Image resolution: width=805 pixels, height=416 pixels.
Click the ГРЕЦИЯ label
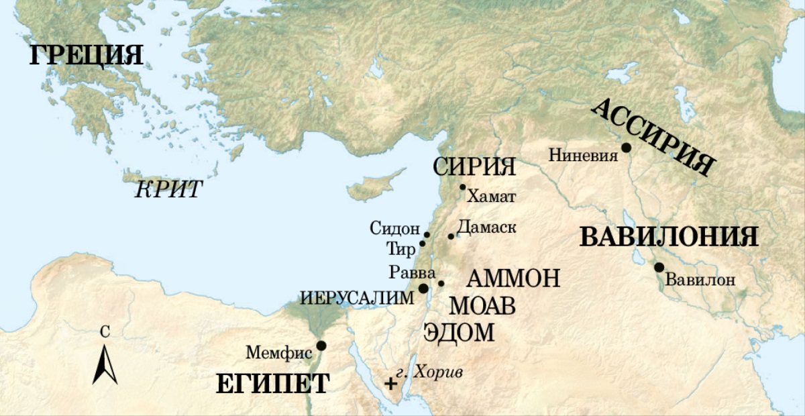pos(87,55)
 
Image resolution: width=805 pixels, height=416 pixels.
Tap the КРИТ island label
pos(168,190)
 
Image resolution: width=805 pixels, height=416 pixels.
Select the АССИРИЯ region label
pos(653,137)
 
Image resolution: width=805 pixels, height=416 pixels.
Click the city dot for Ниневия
pos(626,148)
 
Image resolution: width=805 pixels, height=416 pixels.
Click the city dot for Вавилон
pos(659,267)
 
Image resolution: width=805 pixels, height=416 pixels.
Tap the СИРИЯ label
pos(474,167)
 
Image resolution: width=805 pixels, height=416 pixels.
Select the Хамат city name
pos(491,197)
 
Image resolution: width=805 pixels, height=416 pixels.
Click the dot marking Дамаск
pos(451,236)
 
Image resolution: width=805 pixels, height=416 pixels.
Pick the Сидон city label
pos(394,228)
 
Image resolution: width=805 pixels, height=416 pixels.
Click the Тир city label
pos(400,248)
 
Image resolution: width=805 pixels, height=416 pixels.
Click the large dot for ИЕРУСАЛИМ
pos(423,288)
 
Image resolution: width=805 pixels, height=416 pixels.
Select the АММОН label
pos(512,278)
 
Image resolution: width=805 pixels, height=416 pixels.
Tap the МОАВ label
pos(482,307)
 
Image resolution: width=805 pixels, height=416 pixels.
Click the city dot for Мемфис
pos(321,346)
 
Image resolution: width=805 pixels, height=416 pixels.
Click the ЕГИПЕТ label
pos(272,384)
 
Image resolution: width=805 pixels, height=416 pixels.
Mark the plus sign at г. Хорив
pos(390,384)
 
